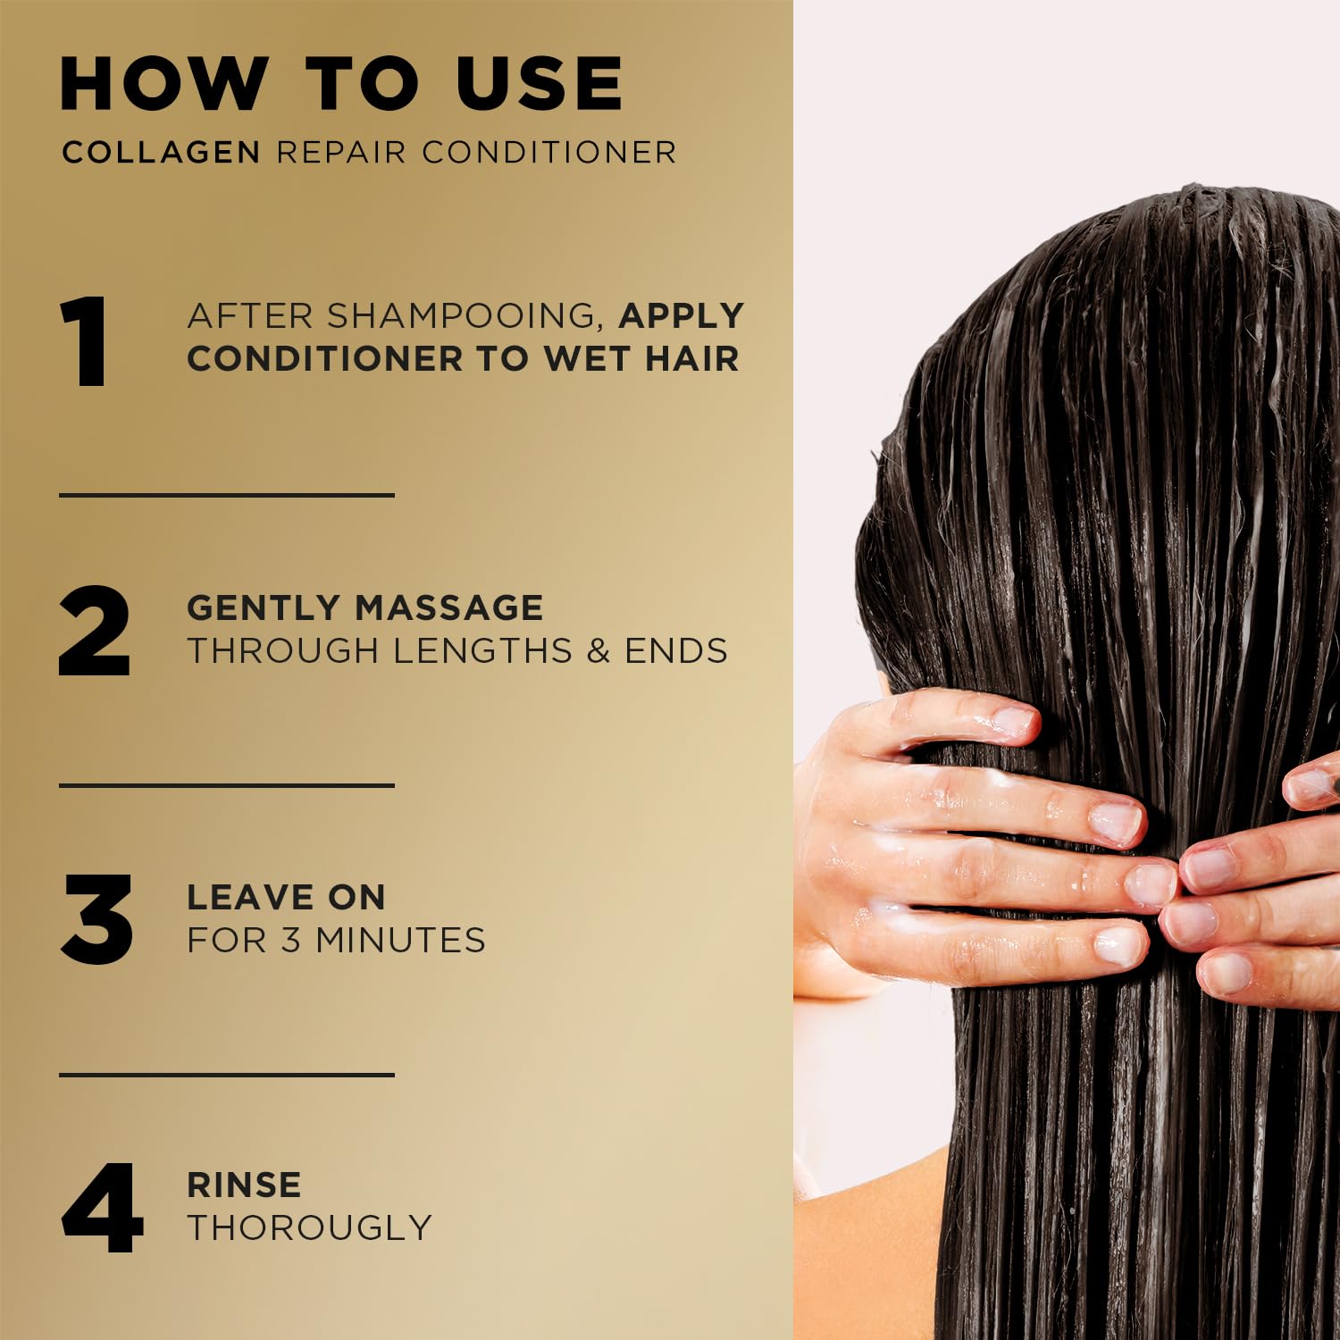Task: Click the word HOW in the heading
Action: [163, 84]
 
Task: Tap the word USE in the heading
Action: [540, 84]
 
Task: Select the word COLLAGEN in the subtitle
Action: [161, 152]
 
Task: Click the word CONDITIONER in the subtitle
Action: [549, 152]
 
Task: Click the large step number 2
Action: [95, 631]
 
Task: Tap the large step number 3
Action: [97, 919]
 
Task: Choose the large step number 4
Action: [102, 1208]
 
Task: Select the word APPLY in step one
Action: [682, 315]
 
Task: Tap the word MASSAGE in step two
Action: [449, 607]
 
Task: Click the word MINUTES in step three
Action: [401, 940]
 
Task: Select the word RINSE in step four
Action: [244, 1185]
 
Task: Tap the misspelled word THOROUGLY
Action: [309, 1227]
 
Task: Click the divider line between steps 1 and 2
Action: [227, 495]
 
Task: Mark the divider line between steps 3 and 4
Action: [227, 1075]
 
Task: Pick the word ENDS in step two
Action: [676, 650]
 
